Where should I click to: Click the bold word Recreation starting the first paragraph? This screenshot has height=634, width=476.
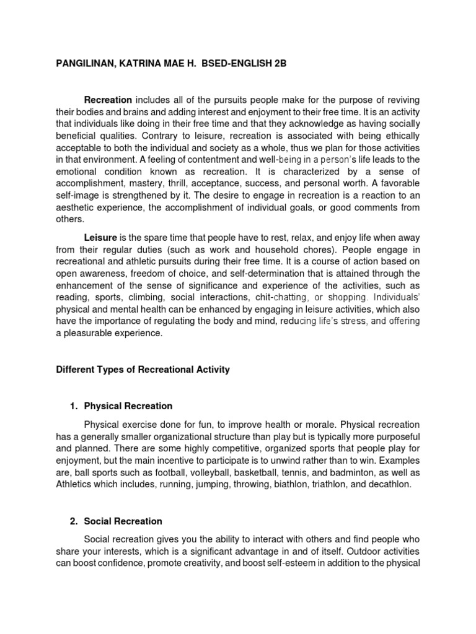(108, 100)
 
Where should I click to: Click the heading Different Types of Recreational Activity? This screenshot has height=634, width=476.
(143, 370)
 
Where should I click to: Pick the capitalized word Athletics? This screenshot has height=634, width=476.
(77, 484)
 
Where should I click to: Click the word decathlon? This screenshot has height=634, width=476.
(387, 484)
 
